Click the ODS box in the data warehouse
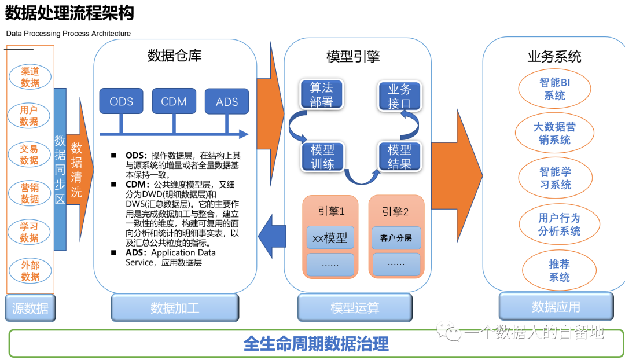coord(121,101)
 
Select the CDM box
coord(174,101)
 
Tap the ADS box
coord(227,101)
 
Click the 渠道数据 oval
coord(30,77)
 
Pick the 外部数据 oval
coord(30,271)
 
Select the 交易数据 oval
coord(30,155)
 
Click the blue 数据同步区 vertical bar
coord(60,169)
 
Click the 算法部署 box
coord(321,95)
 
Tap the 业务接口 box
coord(399,96)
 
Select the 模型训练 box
coord(322,156)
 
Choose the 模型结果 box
coord(399,156)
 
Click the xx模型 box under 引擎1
coord(330,238)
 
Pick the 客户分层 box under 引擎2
coord(396,238)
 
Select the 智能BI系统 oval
coord(554,89)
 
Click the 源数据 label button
coord(30,308)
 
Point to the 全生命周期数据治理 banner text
coord(316,344)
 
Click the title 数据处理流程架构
coord(69,13)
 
